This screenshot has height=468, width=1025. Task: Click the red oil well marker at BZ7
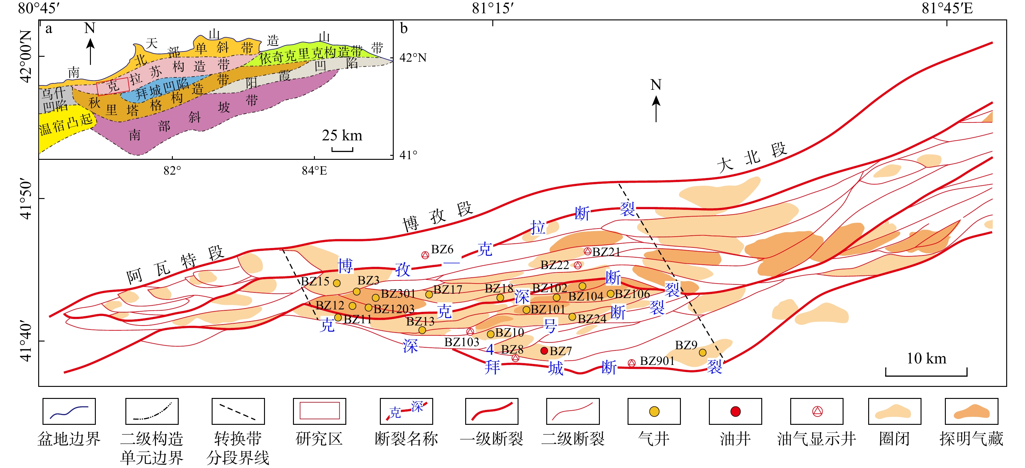tap(544, 351)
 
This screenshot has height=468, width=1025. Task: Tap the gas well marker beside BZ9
tap(702, 353)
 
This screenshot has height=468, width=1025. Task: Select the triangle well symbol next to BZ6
tap(425, 255)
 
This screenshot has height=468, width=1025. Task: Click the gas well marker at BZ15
tap(337, 283)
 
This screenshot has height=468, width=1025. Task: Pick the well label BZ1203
tap(394, 309)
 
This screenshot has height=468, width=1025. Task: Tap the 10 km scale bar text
tap(926, 358)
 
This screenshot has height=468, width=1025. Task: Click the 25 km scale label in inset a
tap(342, 135)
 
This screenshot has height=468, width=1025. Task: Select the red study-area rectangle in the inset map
tap(113, 86)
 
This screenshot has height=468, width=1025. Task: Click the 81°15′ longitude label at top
tap(493, 8)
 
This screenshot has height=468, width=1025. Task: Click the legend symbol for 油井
tap(735, 412)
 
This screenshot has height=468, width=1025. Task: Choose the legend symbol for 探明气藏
tap(971, 412)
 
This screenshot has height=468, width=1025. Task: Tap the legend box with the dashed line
tap(238, 412)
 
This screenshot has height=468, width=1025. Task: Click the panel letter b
tap(404, 29)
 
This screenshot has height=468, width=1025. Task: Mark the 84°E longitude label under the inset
tap(314, 171)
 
